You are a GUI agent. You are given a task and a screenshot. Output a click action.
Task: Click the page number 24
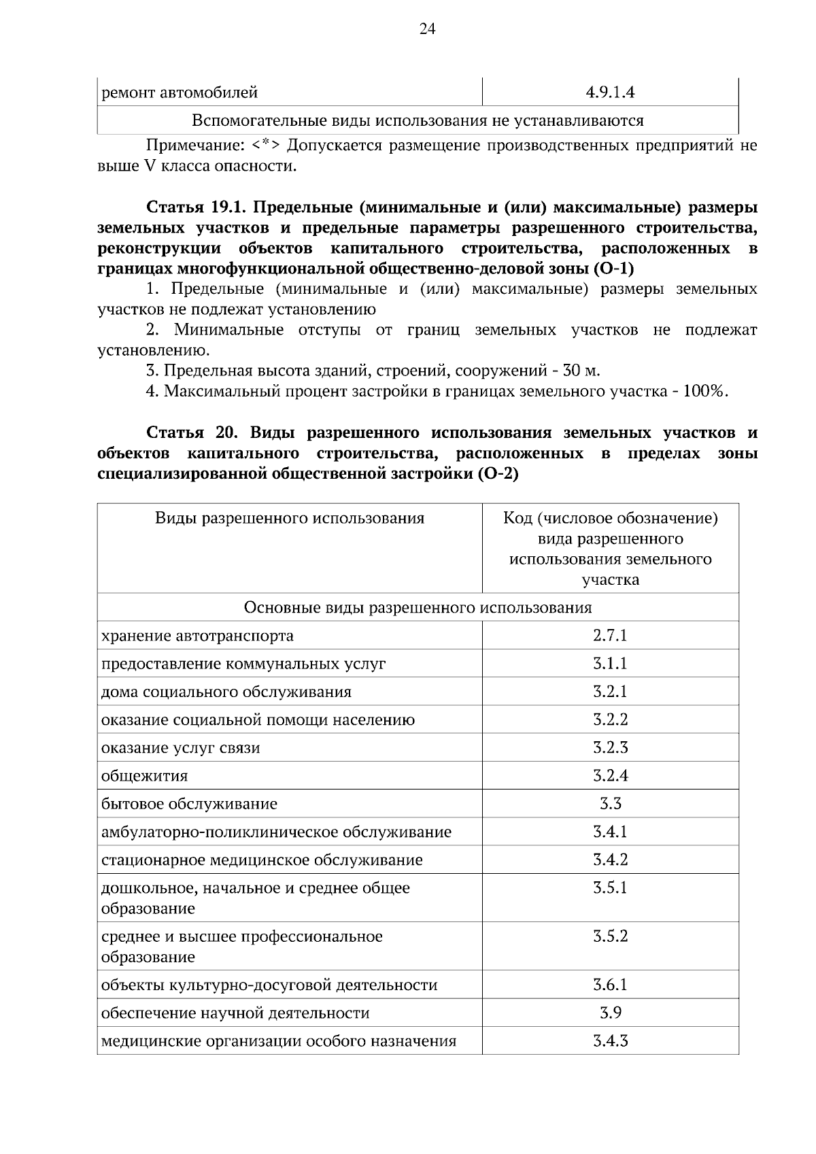pyautogui.click(x=427, y=29)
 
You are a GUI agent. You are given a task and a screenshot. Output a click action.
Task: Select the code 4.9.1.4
pyautogui.click(x=610, y=92)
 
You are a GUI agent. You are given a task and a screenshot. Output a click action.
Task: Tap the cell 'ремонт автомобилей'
pyautogui.click(x=180, y=92)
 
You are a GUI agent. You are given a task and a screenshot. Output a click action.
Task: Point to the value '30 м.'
pyautogui.click(x=581, y=371)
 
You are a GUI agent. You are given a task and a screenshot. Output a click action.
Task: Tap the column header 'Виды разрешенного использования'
pyautogui.click(x=290, y=519)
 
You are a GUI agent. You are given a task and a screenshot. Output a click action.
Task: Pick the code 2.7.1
pyautogui.click(x=610, y=636)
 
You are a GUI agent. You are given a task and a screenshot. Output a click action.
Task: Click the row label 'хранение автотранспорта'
pyautogui.click(x=198, y=637)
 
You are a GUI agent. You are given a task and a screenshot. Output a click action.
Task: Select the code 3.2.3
pyautogui.click(x=610, y=748)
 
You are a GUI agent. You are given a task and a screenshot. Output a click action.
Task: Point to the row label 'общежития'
pyautogui.click(x=145, y=777)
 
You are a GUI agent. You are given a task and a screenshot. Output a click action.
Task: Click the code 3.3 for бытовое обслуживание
pyautogui.click(x=610, y=804)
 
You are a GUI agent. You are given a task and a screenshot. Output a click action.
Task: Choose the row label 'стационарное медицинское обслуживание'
pyautogui.click(x=262, y=860)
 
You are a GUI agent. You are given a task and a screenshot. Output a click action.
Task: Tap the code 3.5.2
pyautogui.click(x=610, y=936)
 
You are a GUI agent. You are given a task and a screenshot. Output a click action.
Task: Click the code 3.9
pyautogui.click(x=610, y=1013)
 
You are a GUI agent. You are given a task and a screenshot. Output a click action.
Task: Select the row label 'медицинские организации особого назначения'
pyautogui.click(x=279, y=1041)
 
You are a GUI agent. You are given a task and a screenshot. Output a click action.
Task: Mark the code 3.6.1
pyautogui.click(x=610, y=985)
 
